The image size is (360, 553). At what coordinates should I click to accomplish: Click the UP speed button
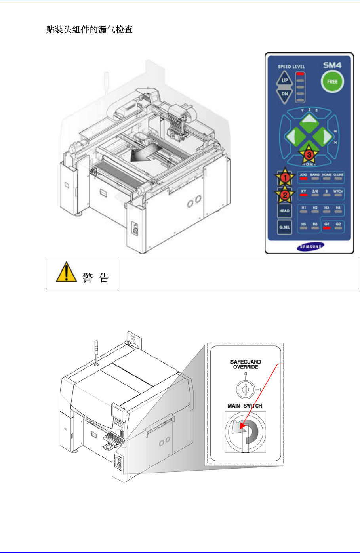point(285,80)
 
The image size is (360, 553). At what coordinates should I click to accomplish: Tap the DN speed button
point(285,94)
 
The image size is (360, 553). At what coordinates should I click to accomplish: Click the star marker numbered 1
point(285,178)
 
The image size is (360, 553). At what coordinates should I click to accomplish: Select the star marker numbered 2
point(285,195)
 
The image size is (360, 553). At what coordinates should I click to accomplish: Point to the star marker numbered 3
point(309,155)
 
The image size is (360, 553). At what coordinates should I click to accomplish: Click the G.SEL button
point(284,227)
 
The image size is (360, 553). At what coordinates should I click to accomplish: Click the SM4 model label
point(332,65)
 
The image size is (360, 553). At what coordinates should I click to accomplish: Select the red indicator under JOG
point(303,179)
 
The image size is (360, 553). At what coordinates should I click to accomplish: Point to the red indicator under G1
point(327,228)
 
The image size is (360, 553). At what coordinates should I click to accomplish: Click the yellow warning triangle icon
point(66,272)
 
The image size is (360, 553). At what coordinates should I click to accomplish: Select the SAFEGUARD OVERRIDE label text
point(246,364)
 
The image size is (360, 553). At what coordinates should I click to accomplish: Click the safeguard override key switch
point(246,390)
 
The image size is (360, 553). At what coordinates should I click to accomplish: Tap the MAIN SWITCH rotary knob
point(246,432)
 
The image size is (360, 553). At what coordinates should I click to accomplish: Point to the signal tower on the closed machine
point(97,351)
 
